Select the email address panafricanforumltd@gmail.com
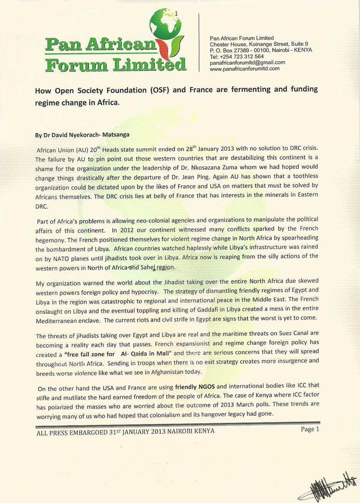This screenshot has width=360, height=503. [247, 62]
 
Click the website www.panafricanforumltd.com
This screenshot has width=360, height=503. [244, 69]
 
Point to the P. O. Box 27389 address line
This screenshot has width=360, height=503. [239, 50]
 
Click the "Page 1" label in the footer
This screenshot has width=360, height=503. [310, 429]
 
